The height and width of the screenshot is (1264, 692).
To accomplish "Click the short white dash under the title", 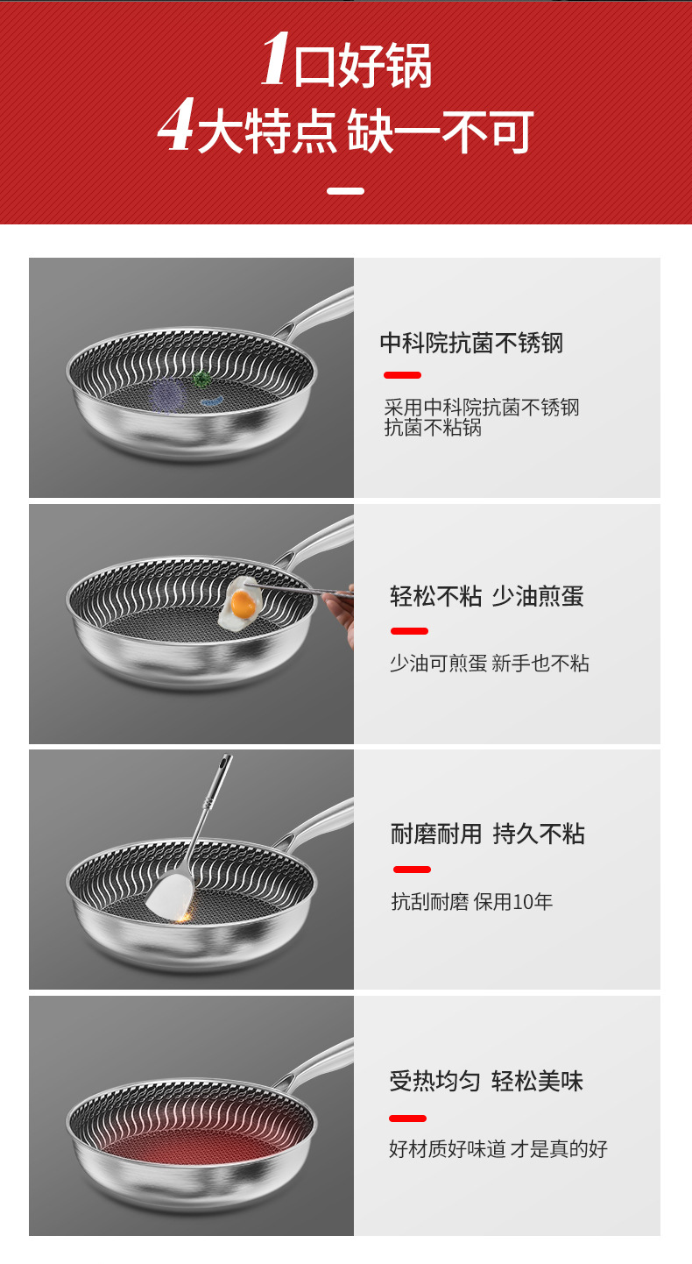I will pyautogui.click(x=345, y=190).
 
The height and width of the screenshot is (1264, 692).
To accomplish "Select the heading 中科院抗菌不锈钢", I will pyautogui.click(x=471, y=343).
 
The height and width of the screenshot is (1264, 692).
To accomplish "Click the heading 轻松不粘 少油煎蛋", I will pyautogui.click(x=486, y=597).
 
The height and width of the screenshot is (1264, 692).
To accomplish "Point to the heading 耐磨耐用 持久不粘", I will pyautogui.click(x=487, y=834).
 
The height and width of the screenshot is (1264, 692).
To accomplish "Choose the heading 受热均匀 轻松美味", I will pyautogui.click(x=486, y=1081).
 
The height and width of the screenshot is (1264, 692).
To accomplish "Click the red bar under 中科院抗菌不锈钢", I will pyautogui.click(x=402, y=375).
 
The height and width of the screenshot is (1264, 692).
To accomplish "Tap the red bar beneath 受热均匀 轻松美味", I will pyautogui.click(x=407, y=1118).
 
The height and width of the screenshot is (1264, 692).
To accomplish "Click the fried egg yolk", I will pyautogui.click(x=244, y=603).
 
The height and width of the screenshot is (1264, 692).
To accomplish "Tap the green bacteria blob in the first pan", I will pyautogui.click(x=202, y=380).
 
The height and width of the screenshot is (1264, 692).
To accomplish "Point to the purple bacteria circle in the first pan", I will pyautogui.click(x=166, y=397).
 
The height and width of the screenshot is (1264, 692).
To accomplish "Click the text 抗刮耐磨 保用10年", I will pyautogui.click(x=471, y=902).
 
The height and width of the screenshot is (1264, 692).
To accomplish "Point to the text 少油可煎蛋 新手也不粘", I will pyautogui.click(x=489, y=664).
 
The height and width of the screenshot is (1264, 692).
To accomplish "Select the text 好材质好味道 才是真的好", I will pyautogui.click(x=498, y=1149).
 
